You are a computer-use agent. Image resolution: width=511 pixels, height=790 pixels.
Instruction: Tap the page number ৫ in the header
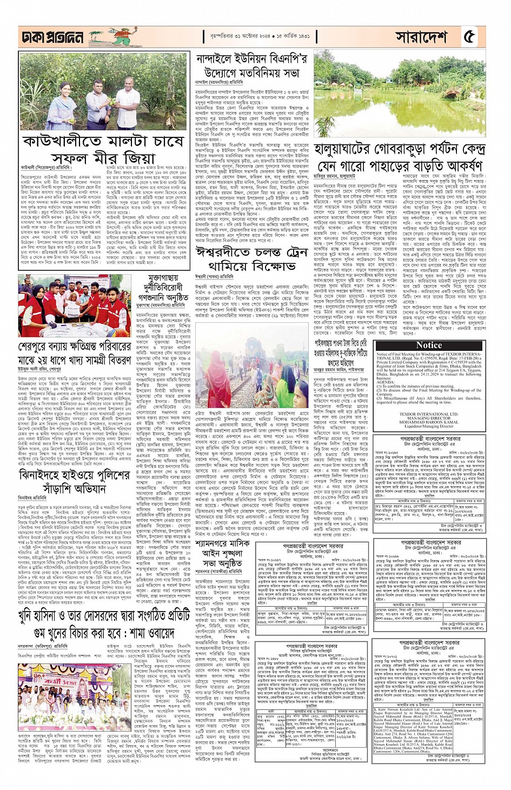(x=469, y=36)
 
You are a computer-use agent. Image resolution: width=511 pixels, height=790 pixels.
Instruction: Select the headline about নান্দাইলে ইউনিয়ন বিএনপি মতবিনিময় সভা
(x=251, y=65)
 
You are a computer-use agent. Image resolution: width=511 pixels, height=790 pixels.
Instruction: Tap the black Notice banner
(x=429, y=345)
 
